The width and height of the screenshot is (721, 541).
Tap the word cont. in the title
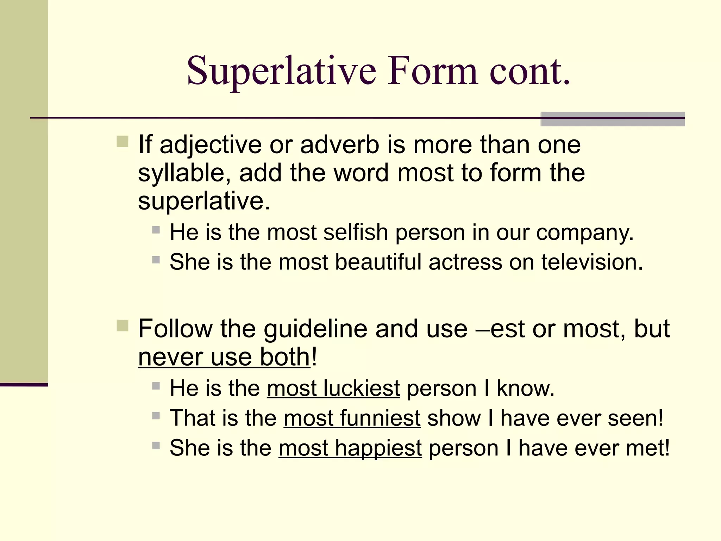[x=529, y=71]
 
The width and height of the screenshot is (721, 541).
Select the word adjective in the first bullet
[x=211, y=145]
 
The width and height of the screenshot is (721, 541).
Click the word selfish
[x=356, y=232]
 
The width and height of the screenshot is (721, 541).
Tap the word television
[x=592, y=262]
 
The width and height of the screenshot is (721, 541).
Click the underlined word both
[x=284, y=357]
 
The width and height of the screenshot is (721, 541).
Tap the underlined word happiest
[x=378, y=448]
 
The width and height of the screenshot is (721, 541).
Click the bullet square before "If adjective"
[x=123, y=142]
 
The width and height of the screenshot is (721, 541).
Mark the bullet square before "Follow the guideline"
[x=123, y=326]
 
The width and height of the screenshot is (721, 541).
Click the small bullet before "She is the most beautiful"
[x=156, y=260]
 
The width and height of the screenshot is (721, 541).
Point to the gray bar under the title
[x=612, y=119]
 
